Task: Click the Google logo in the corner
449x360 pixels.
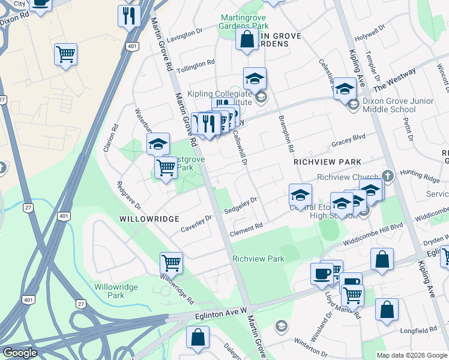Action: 20,353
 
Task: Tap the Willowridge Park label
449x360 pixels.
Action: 116,291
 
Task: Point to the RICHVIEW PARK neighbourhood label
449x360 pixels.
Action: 327,162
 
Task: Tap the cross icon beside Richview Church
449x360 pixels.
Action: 388,176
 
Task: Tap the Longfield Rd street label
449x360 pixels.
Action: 420,330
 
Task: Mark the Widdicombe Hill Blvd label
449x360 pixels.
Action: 373,235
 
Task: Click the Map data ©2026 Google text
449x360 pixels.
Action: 411,355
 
